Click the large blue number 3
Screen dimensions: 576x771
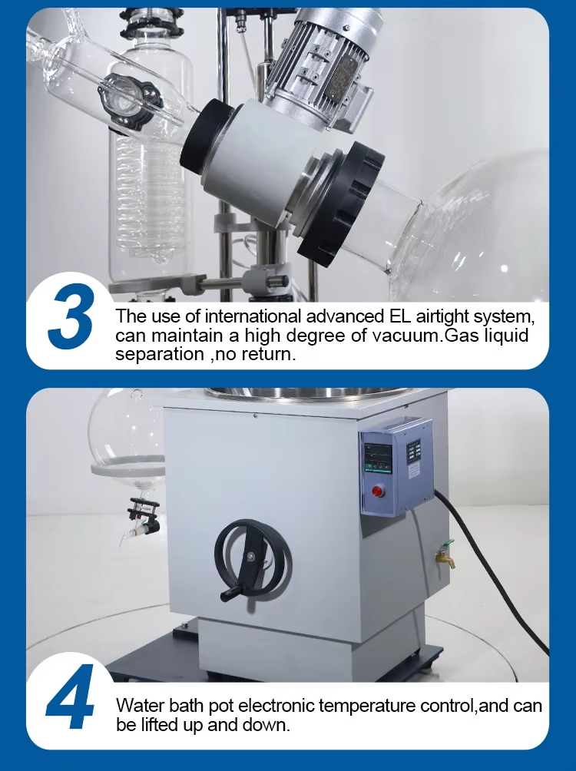tap(71, 316)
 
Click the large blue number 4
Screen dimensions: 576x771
tap(70, 697)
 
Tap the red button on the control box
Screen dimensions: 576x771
tap(378, 491)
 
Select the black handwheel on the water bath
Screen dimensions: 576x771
tap(253, 560)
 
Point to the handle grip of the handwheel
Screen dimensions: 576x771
tap(231, 594)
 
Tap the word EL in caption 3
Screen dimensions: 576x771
tap(398, 316)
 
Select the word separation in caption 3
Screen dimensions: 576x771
tap(160, 354)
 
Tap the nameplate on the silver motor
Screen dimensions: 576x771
tap(340, 78)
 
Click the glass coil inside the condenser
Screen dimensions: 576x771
tap(148, 197)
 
